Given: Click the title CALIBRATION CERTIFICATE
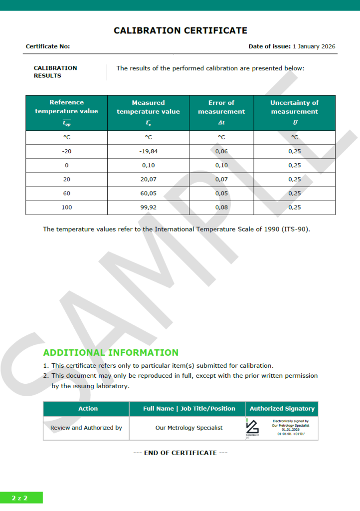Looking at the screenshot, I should coord(180,30).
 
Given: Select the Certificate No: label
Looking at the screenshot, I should coord(48,46).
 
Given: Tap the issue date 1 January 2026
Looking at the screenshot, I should coord(314,46).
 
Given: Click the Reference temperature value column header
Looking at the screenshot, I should coord(66,107).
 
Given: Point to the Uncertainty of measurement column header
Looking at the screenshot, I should coord(294,107).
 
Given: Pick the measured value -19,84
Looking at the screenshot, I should coord(148,151).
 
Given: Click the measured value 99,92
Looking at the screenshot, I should coord(148,207).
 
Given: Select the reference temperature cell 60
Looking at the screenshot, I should coord(66,193).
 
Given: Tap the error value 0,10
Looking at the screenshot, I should coord(221,165).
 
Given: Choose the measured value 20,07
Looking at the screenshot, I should coord(148,179).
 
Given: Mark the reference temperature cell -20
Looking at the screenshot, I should coord(66,151).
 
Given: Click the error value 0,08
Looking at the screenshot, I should coord(221,207).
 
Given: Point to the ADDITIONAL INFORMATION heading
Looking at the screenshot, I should coord(111,353).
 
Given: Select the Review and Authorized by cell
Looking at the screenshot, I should coord(86,428).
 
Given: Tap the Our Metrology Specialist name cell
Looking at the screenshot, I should coord(189,428).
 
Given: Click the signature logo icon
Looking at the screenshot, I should coord(252,428).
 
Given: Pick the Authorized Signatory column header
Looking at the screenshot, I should coord(282,409).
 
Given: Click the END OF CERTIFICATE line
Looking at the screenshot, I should coord(180,453).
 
